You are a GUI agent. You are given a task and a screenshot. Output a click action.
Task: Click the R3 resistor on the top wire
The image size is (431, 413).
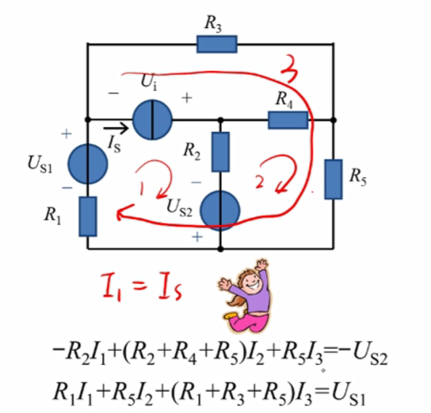(216, 44)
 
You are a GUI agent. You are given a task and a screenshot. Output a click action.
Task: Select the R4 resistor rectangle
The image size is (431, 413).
(288, 120)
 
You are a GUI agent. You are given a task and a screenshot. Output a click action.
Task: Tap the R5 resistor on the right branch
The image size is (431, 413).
(333, 179)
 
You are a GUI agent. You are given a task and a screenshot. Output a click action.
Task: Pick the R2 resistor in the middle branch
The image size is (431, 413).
(220, 152)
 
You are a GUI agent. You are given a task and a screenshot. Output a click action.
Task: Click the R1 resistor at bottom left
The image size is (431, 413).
(88, 216)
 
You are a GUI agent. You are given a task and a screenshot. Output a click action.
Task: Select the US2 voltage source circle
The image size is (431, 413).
(220, 209)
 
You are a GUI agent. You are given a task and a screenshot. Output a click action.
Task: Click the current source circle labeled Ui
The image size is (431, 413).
(152, 120)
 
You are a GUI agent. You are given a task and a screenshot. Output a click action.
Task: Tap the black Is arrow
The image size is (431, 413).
(119, 129)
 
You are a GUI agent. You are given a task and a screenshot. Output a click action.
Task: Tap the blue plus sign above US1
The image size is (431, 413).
(67, 135)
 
